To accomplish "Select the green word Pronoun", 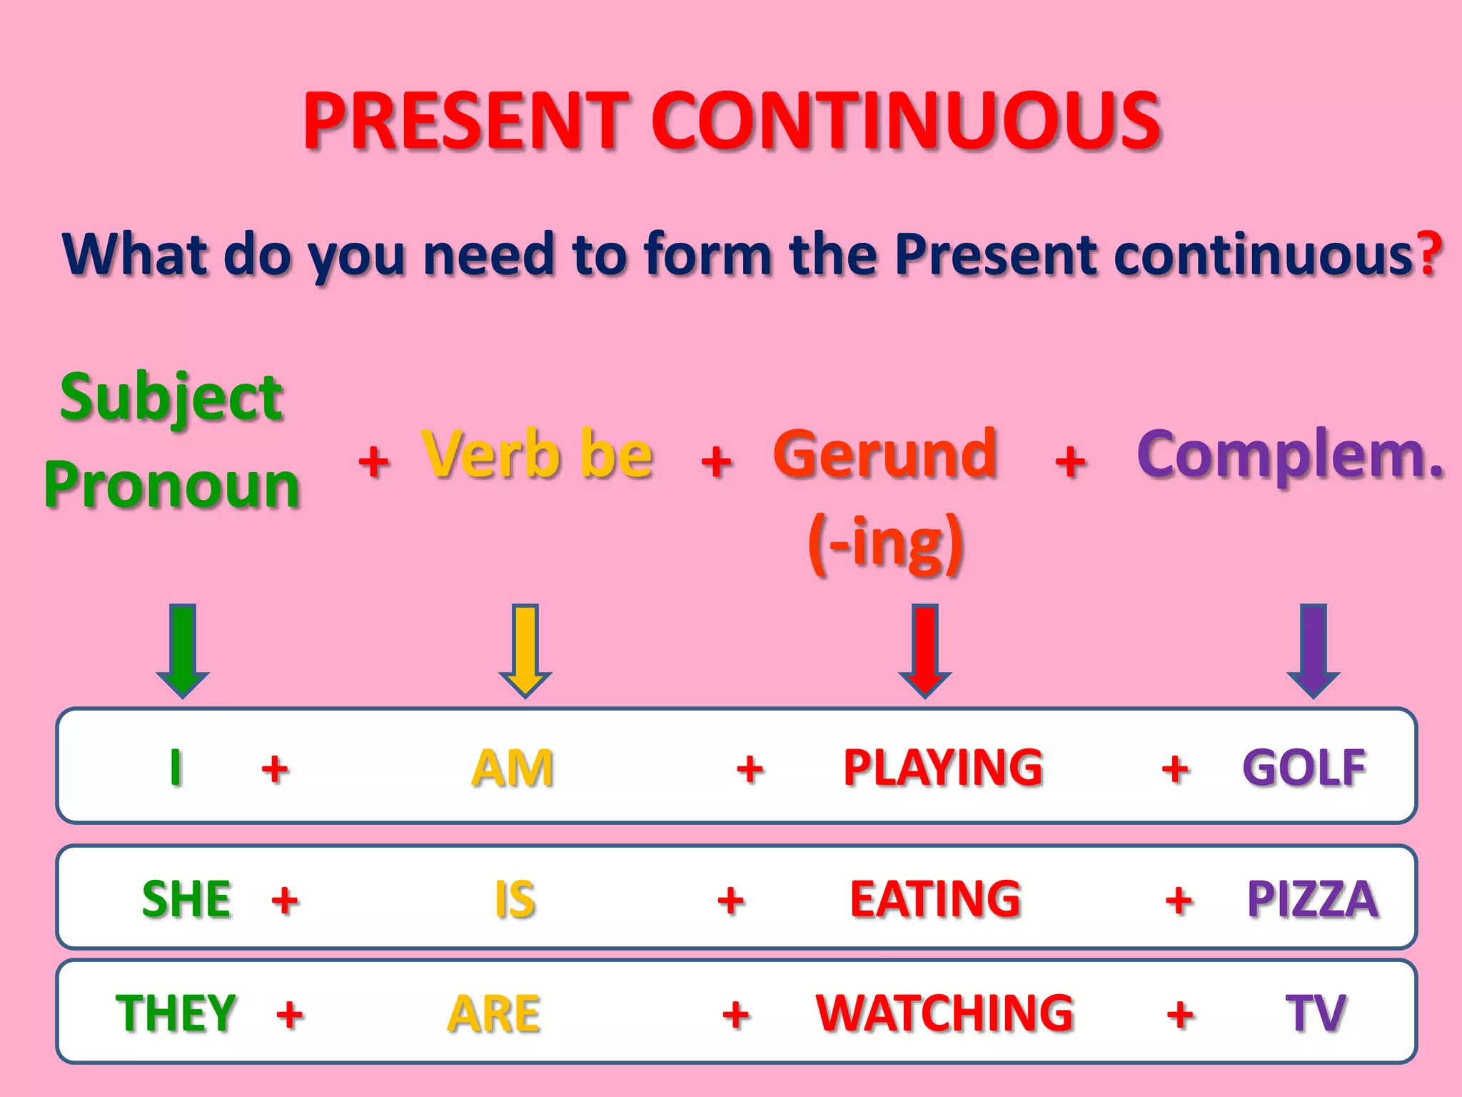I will [x=171, y=486].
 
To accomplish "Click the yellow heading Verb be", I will [x=537, y=454].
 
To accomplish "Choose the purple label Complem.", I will [x=1290, y=454].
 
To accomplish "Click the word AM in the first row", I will [x=513, y=768].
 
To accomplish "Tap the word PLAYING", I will [x=943, y=768].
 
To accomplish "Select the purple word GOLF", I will [x=1304, y=768].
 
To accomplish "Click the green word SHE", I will [x=187, y=898].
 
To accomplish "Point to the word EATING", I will [x=936, y=898].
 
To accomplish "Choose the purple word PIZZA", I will [x=1312, y=898].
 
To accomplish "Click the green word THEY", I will [x=176, y=1013].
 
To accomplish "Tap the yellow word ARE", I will [x=494, y=1013].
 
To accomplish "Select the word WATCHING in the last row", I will [x=944, y=1013].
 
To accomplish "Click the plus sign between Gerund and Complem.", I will [x=1070, y=461].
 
